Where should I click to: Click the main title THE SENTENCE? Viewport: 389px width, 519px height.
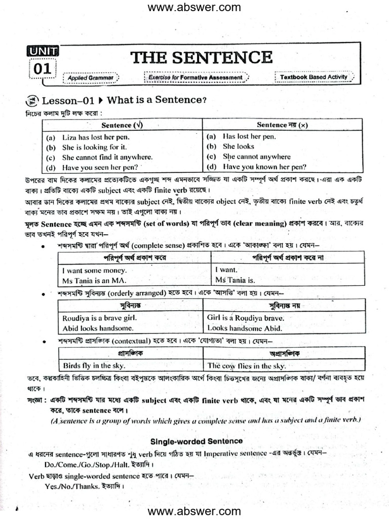pyautogui.click(x=202, y=57)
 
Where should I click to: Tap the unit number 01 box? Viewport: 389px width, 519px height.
pyautogui.click(x=43, y=69)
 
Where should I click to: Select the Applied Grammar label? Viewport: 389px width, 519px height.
pyautogui.click(x=91, y=78)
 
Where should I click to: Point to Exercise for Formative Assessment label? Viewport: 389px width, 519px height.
pyautogui.click(x=196, y=78)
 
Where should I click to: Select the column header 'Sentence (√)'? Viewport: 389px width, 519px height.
pyautogui.click(x=122, y=125)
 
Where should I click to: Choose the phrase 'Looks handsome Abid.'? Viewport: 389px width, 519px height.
pyautogui.click(x=244, y=328)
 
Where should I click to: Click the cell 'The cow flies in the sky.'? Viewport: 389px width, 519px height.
pyautogui.click(x=246, y=365)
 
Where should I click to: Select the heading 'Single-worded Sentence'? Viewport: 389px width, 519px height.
pyautogui.click(x=197, y=441)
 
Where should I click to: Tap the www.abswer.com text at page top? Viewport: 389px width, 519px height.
pyautogui.click(x=194, y=7)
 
